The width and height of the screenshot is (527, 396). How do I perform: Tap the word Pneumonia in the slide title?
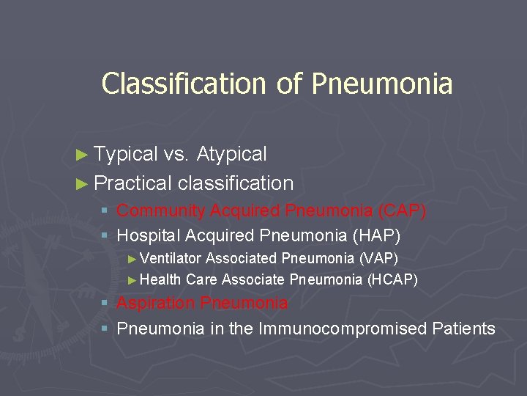pos(381,84)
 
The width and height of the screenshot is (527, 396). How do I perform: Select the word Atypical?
pos(232,154)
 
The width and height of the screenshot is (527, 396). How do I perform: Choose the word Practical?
pos(133,183)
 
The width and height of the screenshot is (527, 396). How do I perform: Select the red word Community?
pos(161,211)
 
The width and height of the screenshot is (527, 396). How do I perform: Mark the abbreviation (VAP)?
pos(378,258)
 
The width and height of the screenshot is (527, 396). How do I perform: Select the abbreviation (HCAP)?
pos(392,279)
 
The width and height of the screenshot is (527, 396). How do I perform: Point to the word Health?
pos(160,279)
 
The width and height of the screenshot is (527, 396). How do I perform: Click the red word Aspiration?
pos(156,303)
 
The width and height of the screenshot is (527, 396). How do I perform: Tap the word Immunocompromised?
pos(348,329)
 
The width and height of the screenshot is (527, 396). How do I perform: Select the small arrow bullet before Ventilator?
pos(132,259)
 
